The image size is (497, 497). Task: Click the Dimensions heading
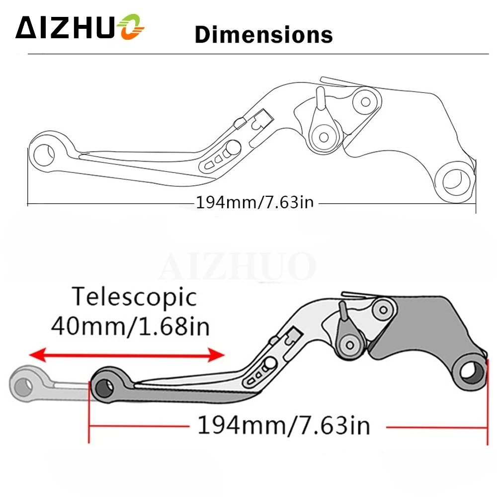click(263, 35)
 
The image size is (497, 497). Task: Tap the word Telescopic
click(135, 297)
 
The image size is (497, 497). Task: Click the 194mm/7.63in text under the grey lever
click(284, 426)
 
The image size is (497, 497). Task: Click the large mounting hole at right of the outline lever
click(453, 182)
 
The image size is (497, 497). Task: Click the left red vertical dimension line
click(89, 410)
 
